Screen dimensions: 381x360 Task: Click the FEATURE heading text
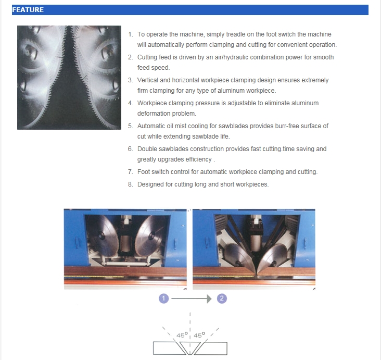click(28, 10)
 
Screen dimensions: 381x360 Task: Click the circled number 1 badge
click(163, 299)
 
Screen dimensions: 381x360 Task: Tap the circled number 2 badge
click(222, 299)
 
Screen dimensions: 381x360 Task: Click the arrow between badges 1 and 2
click(192, 299)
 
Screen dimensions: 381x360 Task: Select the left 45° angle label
click(182, 335)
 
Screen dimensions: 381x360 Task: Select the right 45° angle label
click(199, 335)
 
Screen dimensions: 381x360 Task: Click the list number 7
click(131, 172)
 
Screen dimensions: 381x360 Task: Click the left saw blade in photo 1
click(103, 236)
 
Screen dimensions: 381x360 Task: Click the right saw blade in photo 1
click(150, 236)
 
